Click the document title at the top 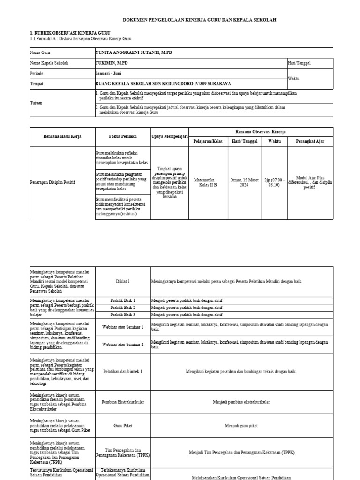click(199, 20)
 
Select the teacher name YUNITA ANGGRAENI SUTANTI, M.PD click(134, 53)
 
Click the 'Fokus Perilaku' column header click(122, 136)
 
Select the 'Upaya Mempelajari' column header click(170, 136)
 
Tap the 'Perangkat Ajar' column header click(310, 141)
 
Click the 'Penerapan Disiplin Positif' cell click(52, 182)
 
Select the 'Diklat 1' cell click(122, 281)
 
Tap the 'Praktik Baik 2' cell click(122, 307)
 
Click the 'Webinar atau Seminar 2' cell click(122, 345)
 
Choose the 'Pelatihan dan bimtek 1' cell click(122, 371)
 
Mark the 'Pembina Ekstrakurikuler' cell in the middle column click(122, 402)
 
